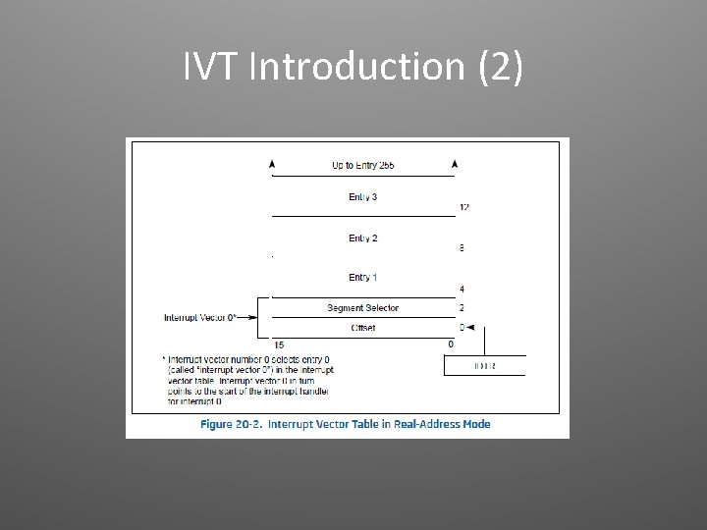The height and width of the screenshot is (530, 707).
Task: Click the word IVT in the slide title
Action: coord(213,67)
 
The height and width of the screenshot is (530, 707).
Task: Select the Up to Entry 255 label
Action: coord(362,165)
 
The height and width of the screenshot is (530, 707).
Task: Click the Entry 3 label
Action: coord(362,197)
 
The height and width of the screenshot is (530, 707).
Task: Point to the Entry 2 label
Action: coord(362,238)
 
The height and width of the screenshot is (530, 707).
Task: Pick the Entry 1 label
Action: coord(362,278)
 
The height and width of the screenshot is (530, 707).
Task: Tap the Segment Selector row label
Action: coord(362,308)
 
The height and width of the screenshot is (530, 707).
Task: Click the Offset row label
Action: coord(362,327)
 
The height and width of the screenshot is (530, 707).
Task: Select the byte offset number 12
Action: coord(463,207)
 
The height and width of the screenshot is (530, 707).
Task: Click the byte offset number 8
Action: coord(462,248)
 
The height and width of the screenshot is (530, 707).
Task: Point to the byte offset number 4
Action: coord(462,290)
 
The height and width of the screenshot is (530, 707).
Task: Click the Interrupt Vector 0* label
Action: coord(200,318)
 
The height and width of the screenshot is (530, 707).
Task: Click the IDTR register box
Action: coord(484,365)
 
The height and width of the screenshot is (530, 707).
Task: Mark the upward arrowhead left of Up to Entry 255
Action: coord(272,163)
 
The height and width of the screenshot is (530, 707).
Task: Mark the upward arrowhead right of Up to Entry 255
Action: coord(453,163)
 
